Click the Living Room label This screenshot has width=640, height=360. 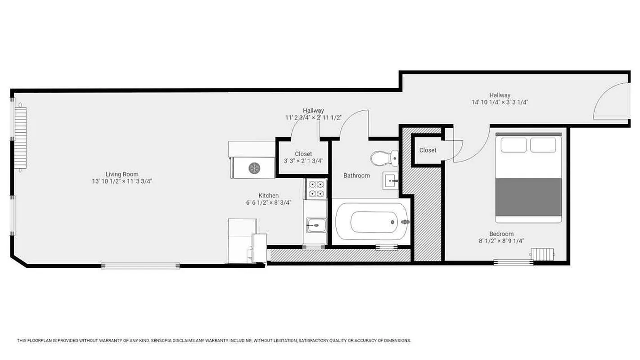(122, 174)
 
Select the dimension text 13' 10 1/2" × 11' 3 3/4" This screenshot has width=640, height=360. (122, 181)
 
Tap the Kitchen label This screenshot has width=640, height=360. (268, 195)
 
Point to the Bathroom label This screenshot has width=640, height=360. (356, 175)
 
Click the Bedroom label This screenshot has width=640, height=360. (501, 234)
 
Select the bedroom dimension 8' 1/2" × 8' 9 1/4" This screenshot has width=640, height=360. (501, 241)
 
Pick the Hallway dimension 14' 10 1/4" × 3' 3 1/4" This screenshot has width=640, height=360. (500, 102)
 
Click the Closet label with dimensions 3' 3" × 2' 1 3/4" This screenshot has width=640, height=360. (303, 154)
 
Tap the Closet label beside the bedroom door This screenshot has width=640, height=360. (428, 150)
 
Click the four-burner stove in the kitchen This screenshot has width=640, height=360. (316, 189)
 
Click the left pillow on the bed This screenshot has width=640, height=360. (513, 145)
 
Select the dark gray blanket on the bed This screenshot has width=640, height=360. (528, 197)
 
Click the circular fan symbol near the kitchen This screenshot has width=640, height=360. (254, 168)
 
